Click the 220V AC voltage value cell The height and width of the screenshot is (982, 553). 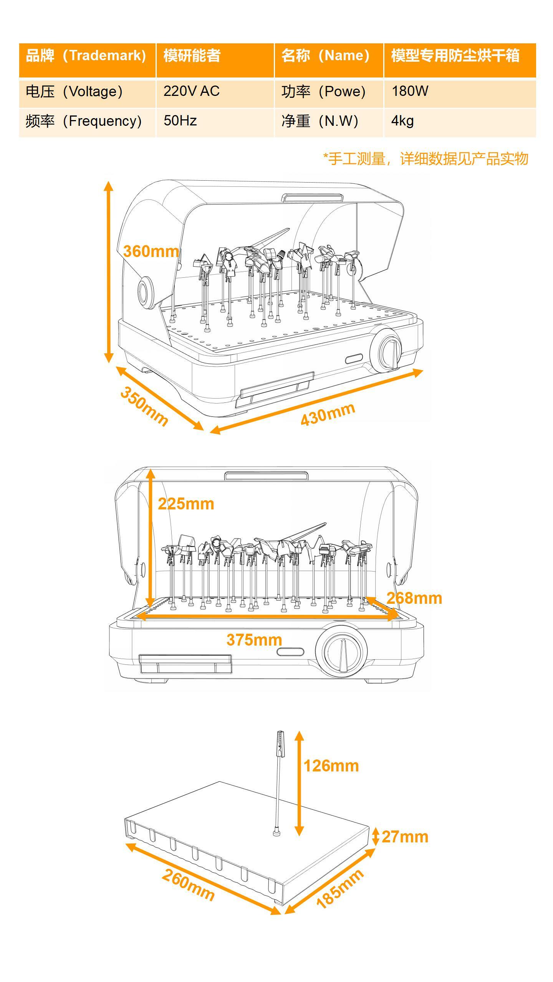click(191, 91)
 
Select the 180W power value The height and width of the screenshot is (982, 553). click(410, 91)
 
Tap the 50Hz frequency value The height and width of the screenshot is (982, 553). click(180, 121)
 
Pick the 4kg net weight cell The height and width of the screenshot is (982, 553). click(402, 121)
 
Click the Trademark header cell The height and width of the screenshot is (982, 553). click(87, 56)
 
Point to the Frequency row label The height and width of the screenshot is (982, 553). click(84, 121)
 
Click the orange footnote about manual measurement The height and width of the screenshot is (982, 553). click(426, 158)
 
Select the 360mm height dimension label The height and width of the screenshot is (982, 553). click(151, 252)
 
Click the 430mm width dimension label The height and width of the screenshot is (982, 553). click(328, 415)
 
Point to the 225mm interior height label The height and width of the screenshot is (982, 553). click(186, 504)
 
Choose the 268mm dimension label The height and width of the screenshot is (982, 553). click(414, 598)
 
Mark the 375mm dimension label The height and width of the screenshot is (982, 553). click(254, 640)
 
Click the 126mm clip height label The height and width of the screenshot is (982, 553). click(331, 766)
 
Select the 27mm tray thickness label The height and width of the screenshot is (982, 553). click(405, 837)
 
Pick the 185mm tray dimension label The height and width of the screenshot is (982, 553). click(340, 889)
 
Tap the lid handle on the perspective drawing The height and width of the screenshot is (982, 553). click(313, 198)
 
